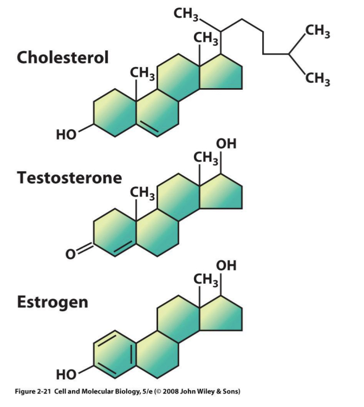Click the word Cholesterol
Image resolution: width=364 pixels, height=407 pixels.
(63, 57)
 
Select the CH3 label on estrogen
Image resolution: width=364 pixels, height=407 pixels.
(206, 281)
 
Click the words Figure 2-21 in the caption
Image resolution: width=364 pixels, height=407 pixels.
(28, 391)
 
